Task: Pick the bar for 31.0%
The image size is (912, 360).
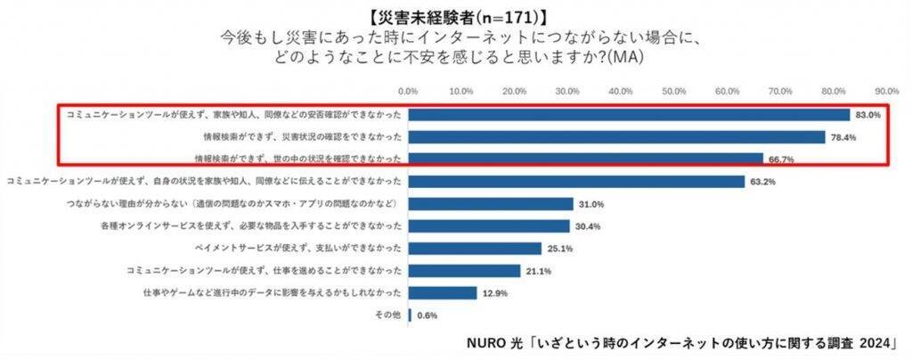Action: coord(490,204)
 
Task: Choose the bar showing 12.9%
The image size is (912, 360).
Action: coord(442,292)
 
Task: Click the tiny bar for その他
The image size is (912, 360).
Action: coord(410,315)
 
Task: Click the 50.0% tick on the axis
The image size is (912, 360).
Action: coord(674,91)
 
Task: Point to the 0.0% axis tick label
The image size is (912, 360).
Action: coord(408,91)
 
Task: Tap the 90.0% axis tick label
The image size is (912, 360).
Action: coord(887,91)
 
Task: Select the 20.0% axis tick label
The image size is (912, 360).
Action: coord(514,91)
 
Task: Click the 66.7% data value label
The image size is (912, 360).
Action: coord(781,160)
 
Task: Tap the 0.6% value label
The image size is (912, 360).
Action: coord(427,315)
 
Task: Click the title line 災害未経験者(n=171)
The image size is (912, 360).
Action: coord(454,14)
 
